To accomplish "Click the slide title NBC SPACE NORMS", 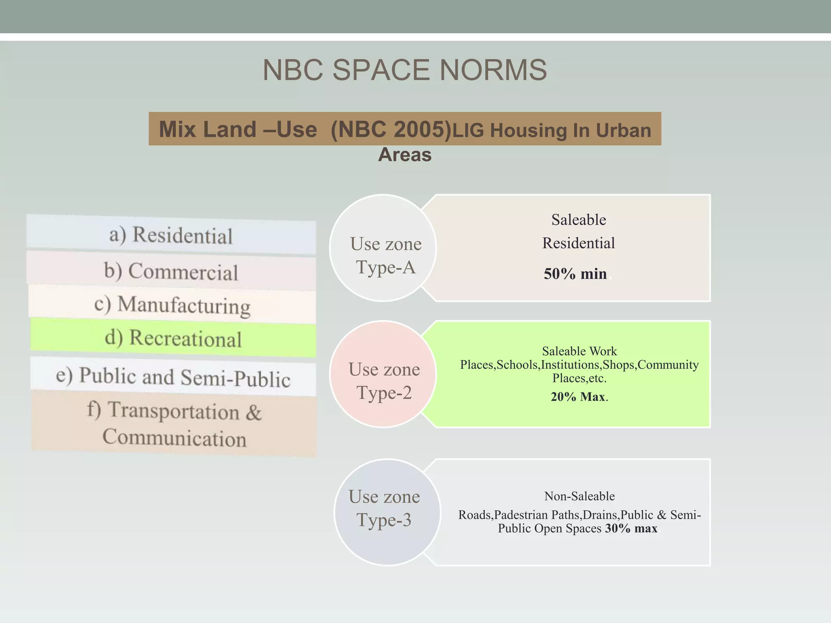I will (405, 70).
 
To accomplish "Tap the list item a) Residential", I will (171, 235).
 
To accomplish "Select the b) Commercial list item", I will (171, 271).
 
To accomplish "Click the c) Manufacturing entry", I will (172, 305).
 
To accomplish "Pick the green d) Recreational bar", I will (173, 338).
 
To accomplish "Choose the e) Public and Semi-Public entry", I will (173, 377).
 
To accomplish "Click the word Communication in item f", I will (174, 438).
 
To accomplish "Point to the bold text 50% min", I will (575, 274).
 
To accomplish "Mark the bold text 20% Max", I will (578, 397).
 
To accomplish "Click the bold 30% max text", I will (631, 528).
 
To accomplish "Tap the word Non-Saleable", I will (579, 496).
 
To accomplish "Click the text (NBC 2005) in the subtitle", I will (391, 130).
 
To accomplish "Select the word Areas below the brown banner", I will (405, 155).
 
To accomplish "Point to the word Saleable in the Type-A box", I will (579, 220).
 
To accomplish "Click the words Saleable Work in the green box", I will (579, 351).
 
